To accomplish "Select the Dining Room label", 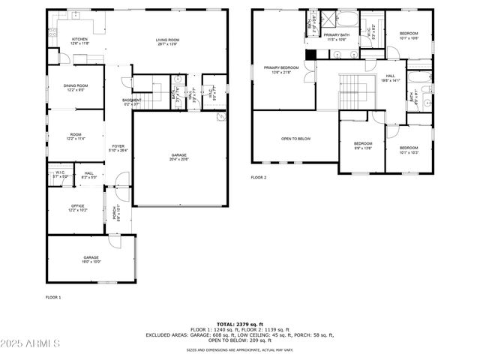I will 76,87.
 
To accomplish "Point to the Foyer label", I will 118,148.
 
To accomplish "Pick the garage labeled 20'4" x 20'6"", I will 178,157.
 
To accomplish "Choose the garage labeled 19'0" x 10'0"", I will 91,259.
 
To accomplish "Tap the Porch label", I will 115,214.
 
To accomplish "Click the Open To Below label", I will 295,139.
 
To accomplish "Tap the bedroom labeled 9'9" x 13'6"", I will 363,145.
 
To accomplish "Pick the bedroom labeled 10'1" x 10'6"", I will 409,35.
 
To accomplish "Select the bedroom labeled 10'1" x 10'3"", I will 409,150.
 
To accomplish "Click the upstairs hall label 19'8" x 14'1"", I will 390,77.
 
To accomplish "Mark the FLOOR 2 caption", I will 259,178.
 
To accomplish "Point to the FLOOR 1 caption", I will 53,298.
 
